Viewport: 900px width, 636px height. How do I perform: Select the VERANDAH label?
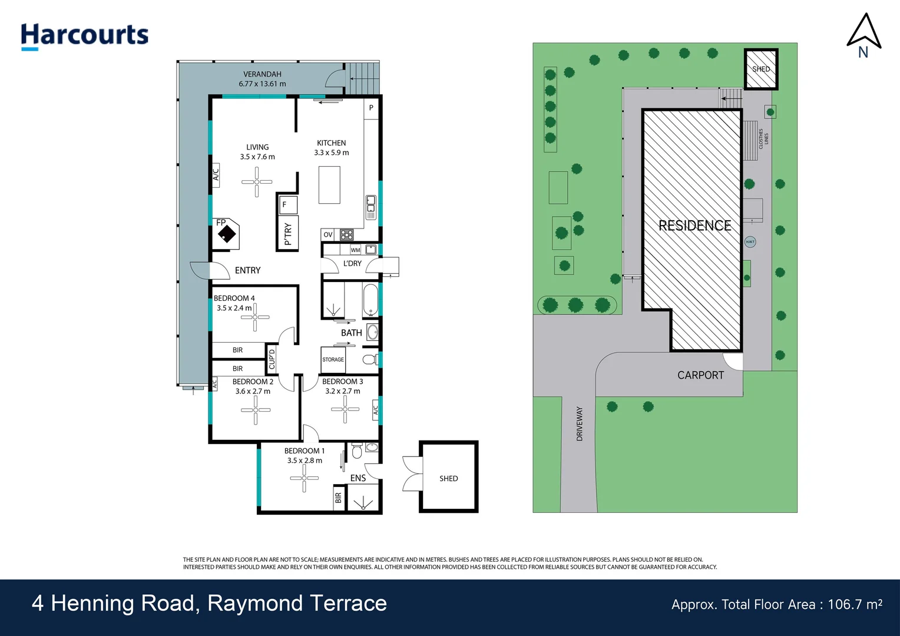[x=262, y=74]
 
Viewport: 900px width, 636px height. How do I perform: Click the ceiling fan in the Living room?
[x=257, y=182]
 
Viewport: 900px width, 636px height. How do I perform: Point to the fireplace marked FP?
[x=226, y=234]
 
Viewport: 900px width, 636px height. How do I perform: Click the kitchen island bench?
[x=329, y=185]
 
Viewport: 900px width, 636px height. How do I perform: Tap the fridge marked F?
[x=287, y=205]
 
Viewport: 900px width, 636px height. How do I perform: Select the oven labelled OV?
[x=328, y=235]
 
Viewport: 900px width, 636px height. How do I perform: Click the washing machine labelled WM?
[x=355, y=250]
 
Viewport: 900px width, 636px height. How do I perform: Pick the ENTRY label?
[x=247, y=270]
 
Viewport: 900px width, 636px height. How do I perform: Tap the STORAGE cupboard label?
[x=333, y=359]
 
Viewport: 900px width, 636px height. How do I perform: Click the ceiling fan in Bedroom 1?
[x=304, y=478]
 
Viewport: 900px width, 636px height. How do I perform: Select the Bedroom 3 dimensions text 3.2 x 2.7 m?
[x=343, y=391]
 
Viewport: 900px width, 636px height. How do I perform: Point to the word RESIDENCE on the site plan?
[x=694, y=226]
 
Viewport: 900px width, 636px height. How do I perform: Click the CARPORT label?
[x=700, y=375]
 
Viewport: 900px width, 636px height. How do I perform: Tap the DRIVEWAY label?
[x=580, y=423]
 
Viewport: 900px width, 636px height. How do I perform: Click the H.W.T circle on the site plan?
[x=750, y=242]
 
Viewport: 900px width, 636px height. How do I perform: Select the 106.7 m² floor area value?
[x=855, y=604]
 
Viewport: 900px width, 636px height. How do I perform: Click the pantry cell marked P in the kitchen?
[x=371, y=108]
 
